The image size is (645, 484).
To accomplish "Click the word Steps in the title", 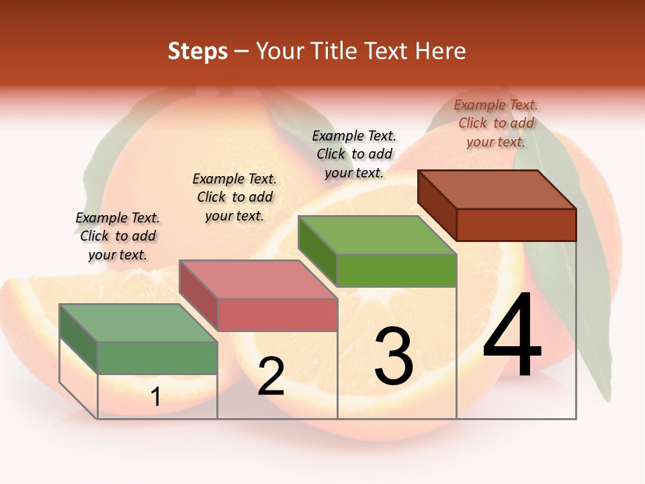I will click(x=198, y=51).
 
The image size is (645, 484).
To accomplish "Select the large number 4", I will click(x=512, y=335).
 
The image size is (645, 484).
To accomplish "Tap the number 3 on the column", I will click(x=394, y=356).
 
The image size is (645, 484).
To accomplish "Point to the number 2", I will click(x=271, y=377).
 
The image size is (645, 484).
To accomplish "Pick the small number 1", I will click(x=156, y=397).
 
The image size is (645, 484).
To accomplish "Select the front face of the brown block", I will click(x=516, y=225).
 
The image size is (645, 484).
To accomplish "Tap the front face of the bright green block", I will click(x=396, y=270).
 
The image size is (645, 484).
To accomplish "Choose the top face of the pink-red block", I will click(x=258, y=279).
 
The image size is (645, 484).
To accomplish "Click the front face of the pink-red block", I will click(x=277, y=315).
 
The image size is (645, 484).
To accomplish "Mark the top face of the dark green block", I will click(x=138, y=323).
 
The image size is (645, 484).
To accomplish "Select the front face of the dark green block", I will click(x=157, y=358).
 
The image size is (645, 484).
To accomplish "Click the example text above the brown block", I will click(x=496, y=123).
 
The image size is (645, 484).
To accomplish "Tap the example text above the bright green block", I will click(x=354, y=154).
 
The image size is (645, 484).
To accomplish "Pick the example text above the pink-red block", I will click(x=234, y=197).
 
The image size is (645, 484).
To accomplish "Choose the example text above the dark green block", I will click(x=118, y=236).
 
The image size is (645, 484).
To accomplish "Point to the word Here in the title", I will click(x=441, y=51).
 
